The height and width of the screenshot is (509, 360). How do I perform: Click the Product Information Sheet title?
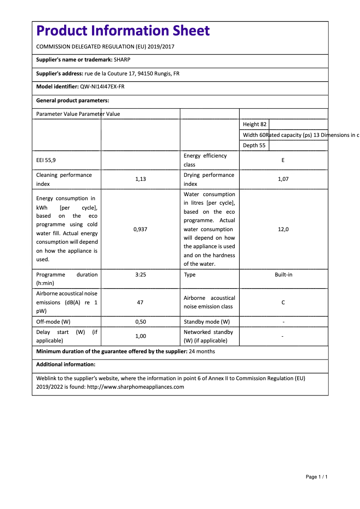(x=123, y=31)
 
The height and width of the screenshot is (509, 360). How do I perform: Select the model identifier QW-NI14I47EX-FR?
(x=102, y=87)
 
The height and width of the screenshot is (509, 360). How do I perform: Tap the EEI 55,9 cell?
(x=46, y=160)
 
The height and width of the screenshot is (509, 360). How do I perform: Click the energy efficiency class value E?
(x=283, y=160)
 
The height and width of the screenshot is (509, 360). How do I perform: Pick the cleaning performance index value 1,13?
(x=140, y=179)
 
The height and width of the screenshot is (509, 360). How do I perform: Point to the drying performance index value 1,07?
(x=283, y=179)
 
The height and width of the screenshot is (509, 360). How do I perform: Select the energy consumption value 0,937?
(x=140, y=229)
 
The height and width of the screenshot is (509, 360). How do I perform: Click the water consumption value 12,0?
(x=283, y=229)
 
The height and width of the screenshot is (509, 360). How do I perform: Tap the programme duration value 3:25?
(x=140, y=275)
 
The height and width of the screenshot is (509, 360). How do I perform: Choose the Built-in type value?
(x=283, y=275)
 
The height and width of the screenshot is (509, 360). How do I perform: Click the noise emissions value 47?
(x=140, y=303)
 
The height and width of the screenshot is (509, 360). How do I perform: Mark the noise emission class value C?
(x=283, y=303)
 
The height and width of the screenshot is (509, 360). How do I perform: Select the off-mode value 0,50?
(x=140, y=322)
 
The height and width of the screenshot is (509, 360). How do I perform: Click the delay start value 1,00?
(x=140, y=336)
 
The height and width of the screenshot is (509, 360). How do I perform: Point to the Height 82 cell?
(x=255, y=124)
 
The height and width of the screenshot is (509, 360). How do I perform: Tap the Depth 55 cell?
(x=254, y=145)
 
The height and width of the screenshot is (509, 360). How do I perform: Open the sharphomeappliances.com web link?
(x=136, y=387)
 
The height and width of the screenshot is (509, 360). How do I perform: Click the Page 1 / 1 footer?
(x=316, y=477)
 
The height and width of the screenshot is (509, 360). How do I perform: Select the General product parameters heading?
(x=73, y=101)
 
